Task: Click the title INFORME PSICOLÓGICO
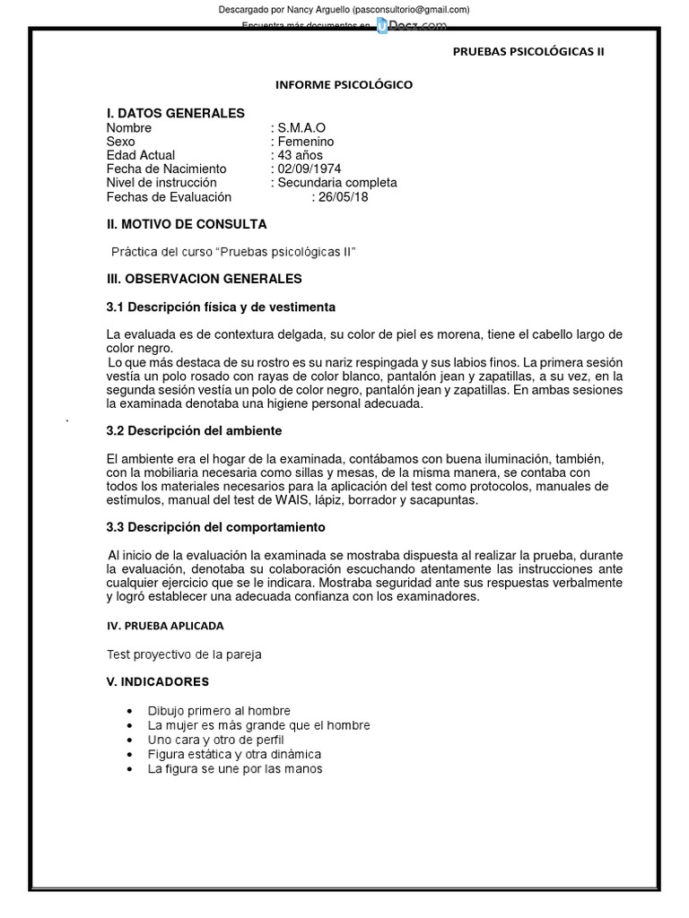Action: coord(344,84)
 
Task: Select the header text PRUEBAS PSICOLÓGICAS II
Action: coord(528,51)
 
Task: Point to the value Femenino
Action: coord(305,142)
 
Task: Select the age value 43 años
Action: coord(300,155)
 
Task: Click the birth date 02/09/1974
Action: coord(309,169)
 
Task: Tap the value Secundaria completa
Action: coord(336,183)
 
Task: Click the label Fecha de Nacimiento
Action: coord(166,169)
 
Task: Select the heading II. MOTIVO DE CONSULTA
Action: coord(186,224)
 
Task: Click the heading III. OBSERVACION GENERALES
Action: coord(204,279)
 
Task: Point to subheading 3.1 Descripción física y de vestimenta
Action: coord(221,307)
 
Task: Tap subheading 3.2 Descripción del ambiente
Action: coord(195,430)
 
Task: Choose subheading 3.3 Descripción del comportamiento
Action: coord(215,527)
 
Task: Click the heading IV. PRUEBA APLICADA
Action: coord(165,625)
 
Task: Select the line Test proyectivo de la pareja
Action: coord(184,654)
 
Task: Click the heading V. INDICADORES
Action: coord(157,681)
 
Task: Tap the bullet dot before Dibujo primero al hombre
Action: coord(132,711)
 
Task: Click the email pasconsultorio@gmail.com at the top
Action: coord(410,9)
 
